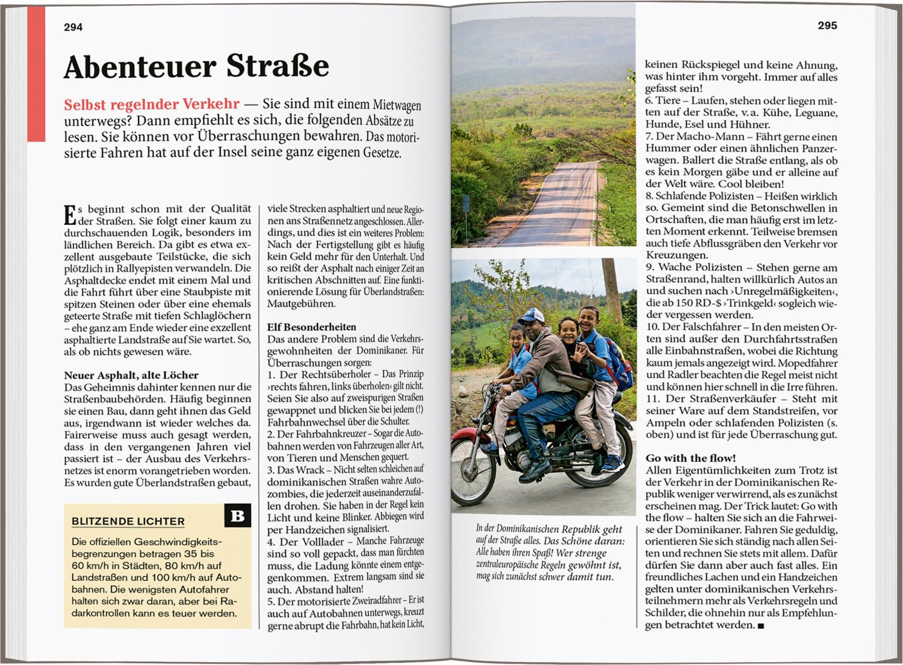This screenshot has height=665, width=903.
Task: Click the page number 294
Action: tap(73, 27)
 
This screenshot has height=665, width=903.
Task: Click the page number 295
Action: tap(827, 26)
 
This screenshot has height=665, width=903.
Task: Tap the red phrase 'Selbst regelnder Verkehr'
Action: tap(152, 105)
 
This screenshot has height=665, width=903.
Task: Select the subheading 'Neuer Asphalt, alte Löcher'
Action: tap(131, 375)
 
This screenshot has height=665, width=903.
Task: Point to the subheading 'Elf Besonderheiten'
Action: tap(311, 327)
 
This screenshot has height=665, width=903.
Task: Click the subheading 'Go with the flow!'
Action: tap(690, 458)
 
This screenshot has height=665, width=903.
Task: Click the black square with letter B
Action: tap(238, 516)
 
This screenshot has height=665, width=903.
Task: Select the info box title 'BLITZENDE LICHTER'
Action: tap(128, 522)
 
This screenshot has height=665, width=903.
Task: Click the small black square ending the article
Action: tap(761, 626)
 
